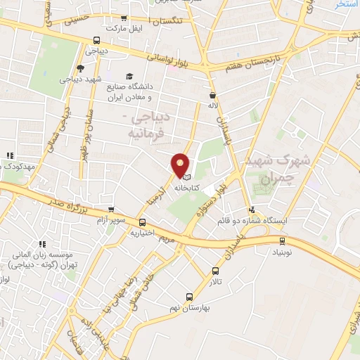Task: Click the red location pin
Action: pyautogui.click(x=181, y=165)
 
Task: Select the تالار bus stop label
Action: pyautogui.click(x=214, y=281)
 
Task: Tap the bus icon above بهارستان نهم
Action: pyautogui.click(x=188, y=297)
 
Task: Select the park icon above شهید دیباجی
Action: pyautogui.click(x=80, y=68)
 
